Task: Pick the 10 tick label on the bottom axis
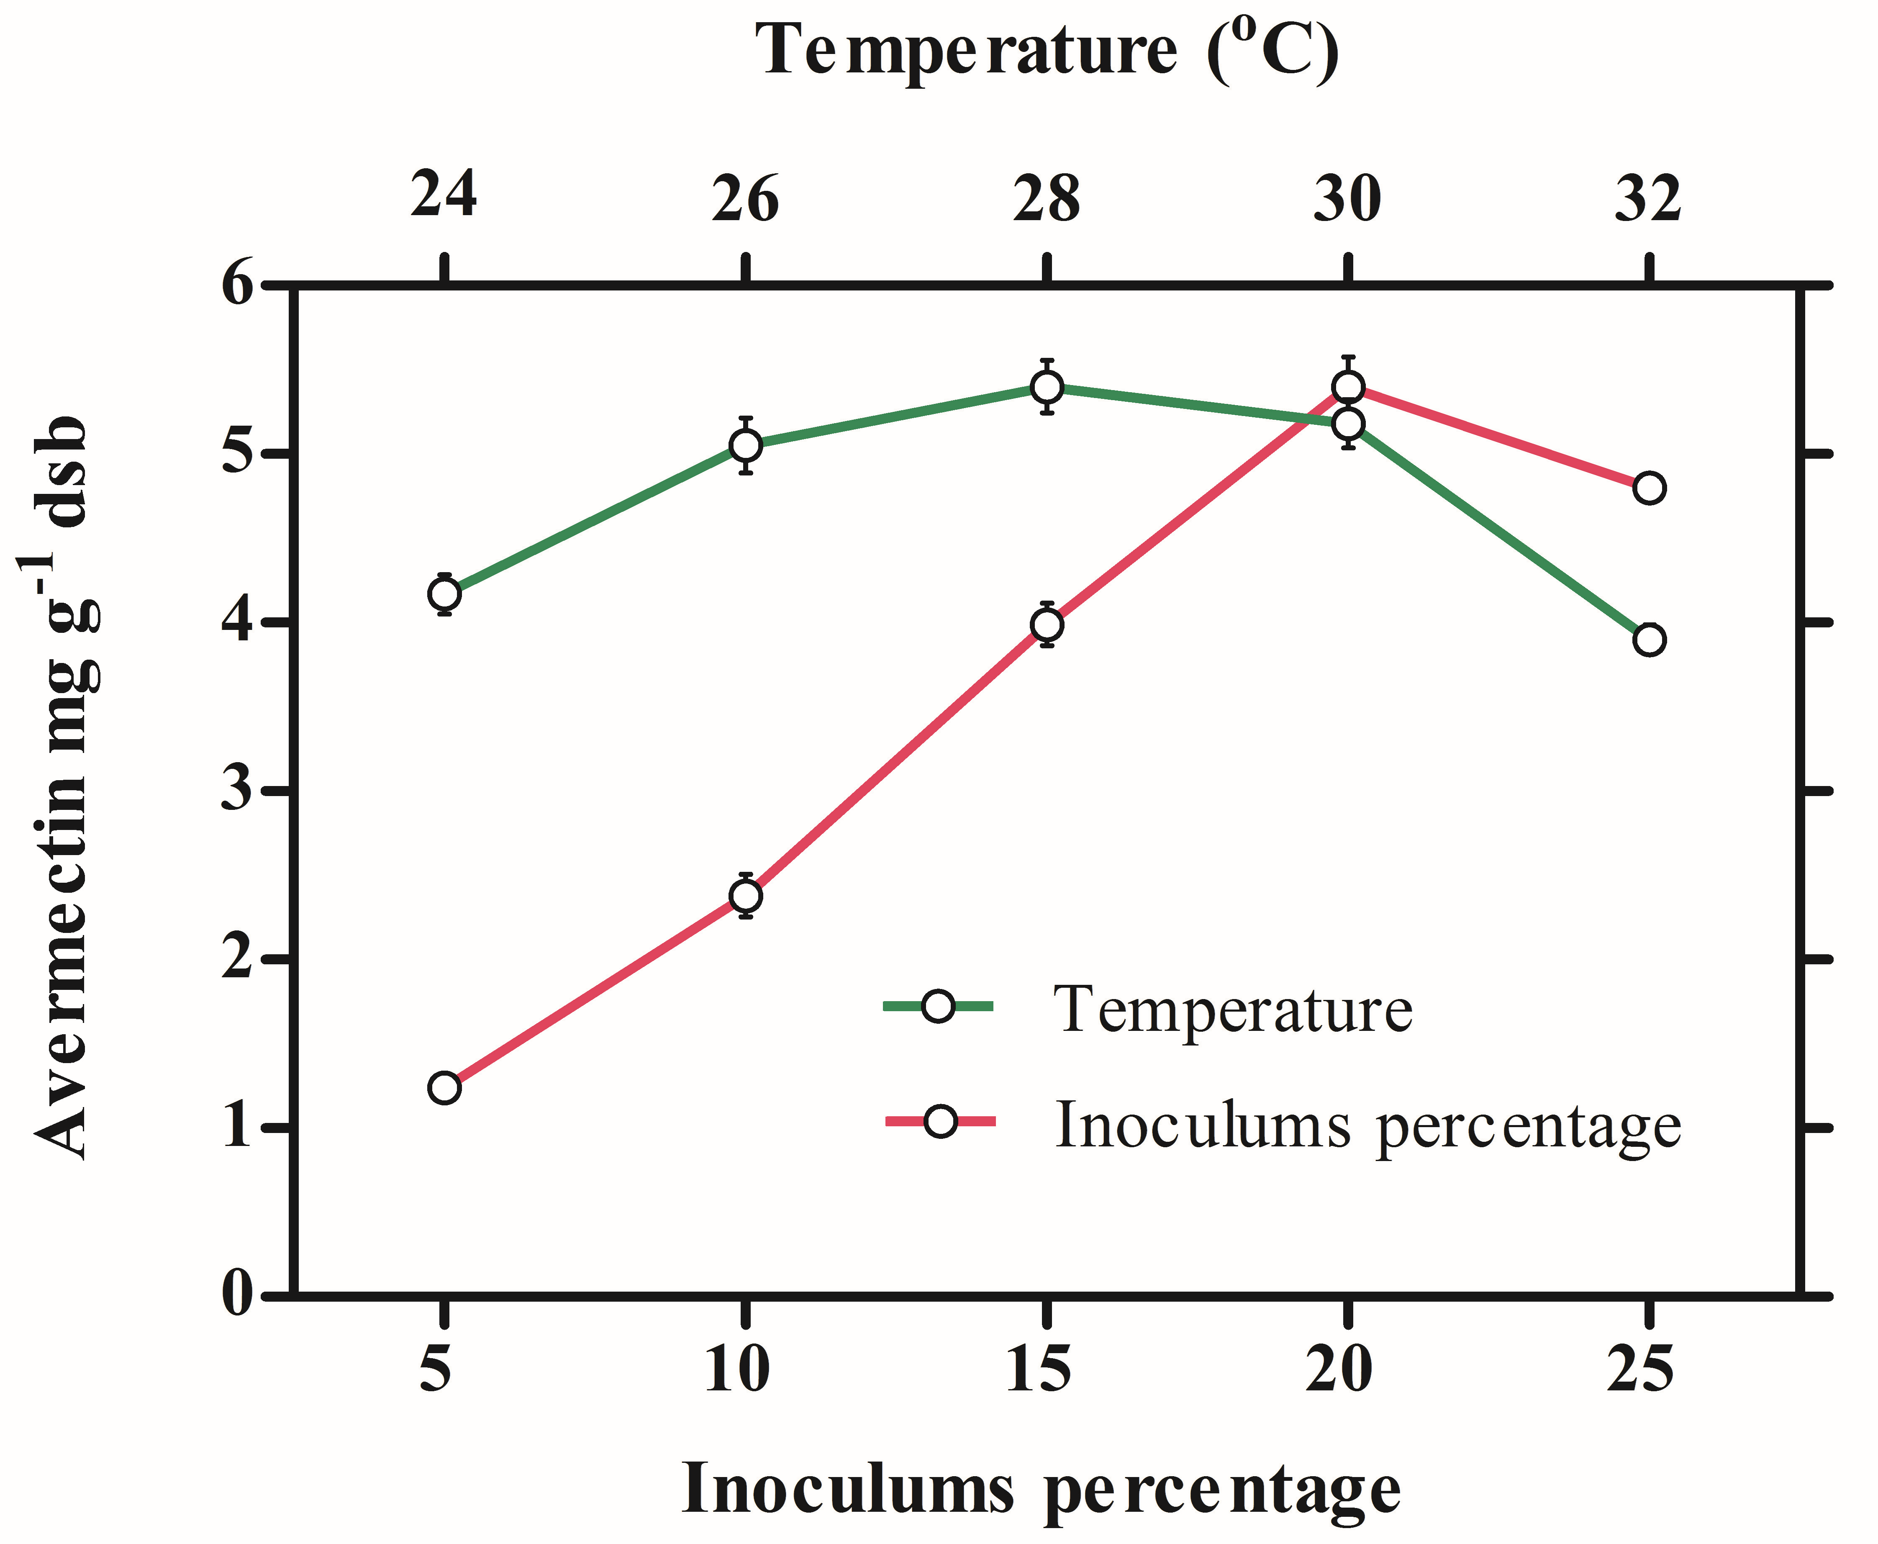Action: click(x=737, y=1369)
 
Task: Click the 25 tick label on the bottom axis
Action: click(x=1639, y=1369)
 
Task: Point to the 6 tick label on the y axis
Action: click(x=239, y=286)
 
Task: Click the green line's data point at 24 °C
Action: click(x=444, y=593)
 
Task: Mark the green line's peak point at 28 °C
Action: click(x=1047, y=387)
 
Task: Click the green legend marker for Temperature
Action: click(x=938, y=1006)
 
